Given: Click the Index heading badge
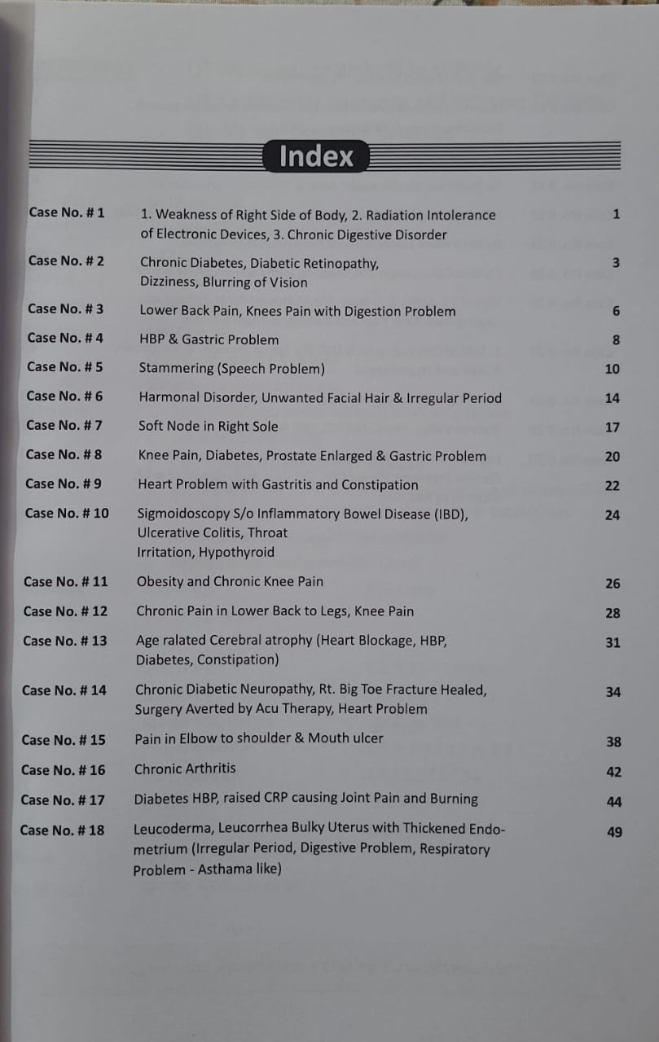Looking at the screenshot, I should point(316,155).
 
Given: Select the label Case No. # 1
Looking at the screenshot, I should point(67,212).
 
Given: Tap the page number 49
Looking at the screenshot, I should point(614,832).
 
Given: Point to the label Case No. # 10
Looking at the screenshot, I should point(67,513).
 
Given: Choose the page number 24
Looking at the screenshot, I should point(612,515).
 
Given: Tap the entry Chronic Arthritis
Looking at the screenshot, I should point(185,768).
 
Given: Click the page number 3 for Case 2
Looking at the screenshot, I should point(616,263).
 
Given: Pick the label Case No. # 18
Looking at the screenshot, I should point(62,830).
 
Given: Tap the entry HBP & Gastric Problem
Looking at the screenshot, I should point(209,339).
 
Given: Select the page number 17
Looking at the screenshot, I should point(613,427).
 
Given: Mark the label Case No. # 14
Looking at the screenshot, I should point(64,690).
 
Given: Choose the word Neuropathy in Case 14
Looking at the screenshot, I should point(268,690).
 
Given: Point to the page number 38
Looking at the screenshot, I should point(613,742).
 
